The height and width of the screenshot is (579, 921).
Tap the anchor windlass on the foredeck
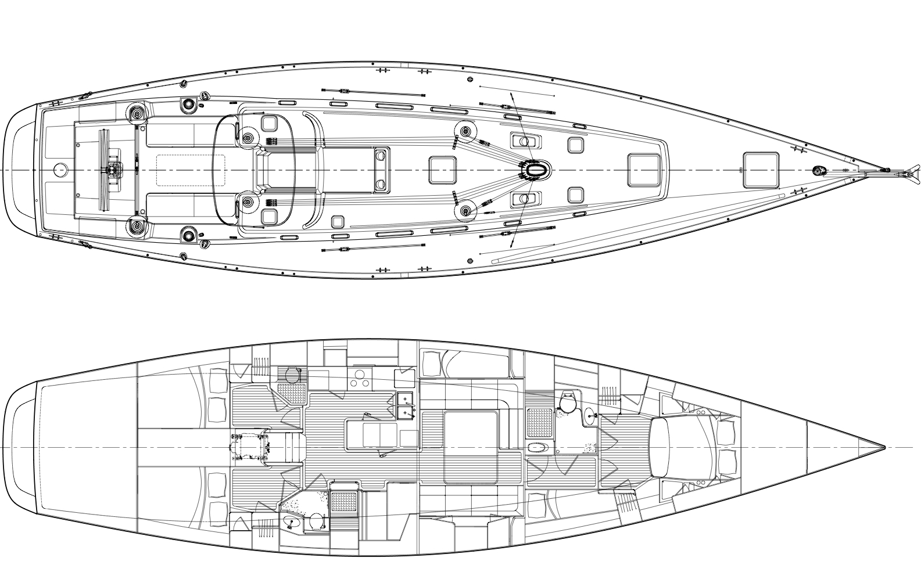tap(818, 170)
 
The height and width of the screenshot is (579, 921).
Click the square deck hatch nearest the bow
tap(761, 170)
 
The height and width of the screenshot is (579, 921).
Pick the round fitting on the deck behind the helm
tap(59, 170)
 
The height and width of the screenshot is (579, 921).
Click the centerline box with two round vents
tap(381, 170)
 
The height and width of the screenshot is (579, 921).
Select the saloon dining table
tap(471, 447)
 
